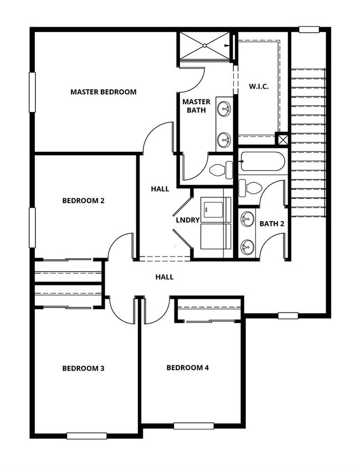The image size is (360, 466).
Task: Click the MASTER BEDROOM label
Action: click(104, 92)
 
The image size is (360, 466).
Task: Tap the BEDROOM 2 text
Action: click(83, 201)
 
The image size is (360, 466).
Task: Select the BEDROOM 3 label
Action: click(83, 368)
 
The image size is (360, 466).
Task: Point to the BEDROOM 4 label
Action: click(187, 367)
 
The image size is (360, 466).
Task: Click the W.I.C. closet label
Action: click(259, 86)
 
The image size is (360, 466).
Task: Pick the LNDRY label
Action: click(187, 220)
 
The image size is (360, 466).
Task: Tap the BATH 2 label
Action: click(272, 223)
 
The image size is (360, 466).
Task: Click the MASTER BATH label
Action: click(196, 106)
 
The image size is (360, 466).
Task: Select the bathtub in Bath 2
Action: click(263, 161)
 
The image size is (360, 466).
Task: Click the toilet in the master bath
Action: click(221, 170)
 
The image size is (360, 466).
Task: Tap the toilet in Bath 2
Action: click(250, 187)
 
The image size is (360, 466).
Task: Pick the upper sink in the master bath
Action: click(224, 109)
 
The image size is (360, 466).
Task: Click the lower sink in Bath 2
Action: click(247, 247)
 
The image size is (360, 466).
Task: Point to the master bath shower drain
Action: click(205, 45)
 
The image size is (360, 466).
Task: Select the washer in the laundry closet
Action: click(215, 209)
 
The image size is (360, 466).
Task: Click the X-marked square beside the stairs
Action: click(281, 139)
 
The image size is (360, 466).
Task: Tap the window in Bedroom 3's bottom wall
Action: click(86, 436)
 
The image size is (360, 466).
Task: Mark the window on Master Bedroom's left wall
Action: click(32, 92)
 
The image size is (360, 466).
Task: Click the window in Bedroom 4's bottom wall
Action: click(194, 426)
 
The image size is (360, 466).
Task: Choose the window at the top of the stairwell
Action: click(309, 29)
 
